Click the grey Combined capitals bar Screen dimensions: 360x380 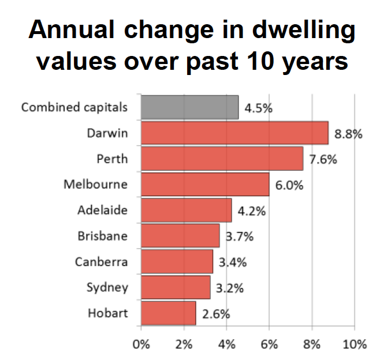point(189,107)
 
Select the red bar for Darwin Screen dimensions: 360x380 point(234,133)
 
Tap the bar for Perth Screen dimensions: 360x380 point(222,159)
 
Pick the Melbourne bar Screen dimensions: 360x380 point(205,185)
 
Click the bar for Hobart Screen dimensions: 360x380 point(169,313)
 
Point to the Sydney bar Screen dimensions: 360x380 point(175,287)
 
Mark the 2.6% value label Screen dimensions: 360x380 point(216,315)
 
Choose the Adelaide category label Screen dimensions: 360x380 point(102,210)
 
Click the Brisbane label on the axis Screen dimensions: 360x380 point(102,236)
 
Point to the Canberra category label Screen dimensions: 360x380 point(101,262)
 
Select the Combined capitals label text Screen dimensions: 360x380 point(74,107)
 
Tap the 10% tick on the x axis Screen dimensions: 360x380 point(355,345)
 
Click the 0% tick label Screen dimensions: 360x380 point(141,345)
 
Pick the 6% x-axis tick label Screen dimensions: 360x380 point(269,345)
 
